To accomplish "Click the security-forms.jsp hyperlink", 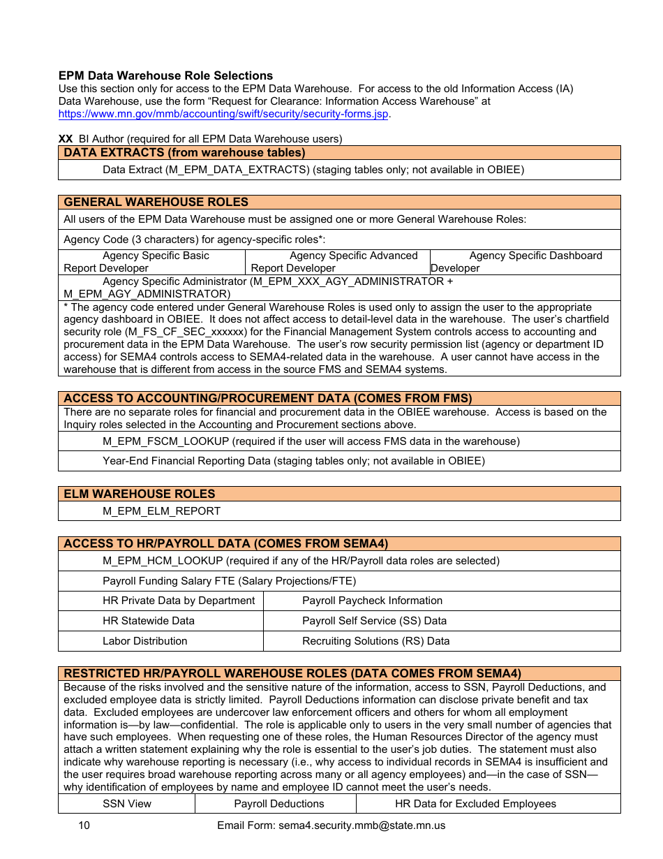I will (223, 114).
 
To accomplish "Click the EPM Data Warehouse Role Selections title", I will (165, 75).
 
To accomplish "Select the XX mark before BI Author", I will (66, 139).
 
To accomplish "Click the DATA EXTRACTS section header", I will (184, 153).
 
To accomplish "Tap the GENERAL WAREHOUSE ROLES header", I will (156, 203).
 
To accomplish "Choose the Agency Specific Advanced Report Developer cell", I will (338, 262).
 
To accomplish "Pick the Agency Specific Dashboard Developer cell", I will (525, 262).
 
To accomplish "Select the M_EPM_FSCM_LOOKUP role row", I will (311, 441).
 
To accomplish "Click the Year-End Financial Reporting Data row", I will (293, 461).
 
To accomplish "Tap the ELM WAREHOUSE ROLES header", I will (140, 494).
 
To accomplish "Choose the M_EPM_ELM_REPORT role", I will (161, 511).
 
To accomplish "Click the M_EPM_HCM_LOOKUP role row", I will (301, 561).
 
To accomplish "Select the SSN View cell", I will (127, 804).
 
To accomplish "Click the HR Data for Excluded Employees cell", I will (475, 804).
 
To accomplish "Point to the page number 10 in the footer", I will (84, 825).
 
